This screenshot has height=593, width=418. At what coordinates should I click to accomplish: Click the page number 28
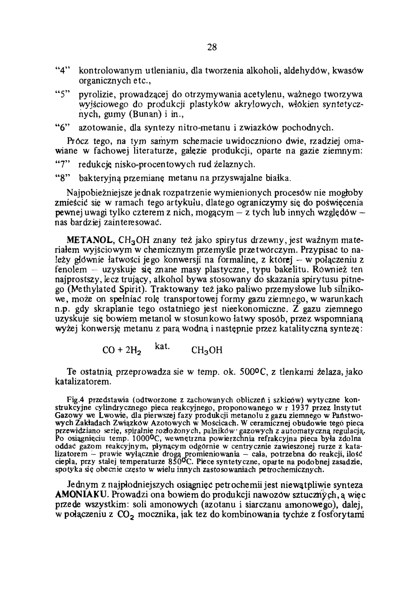pos(212,47)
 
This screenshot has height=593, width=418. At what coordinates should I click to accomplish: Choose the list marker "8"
pos(62,178)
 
